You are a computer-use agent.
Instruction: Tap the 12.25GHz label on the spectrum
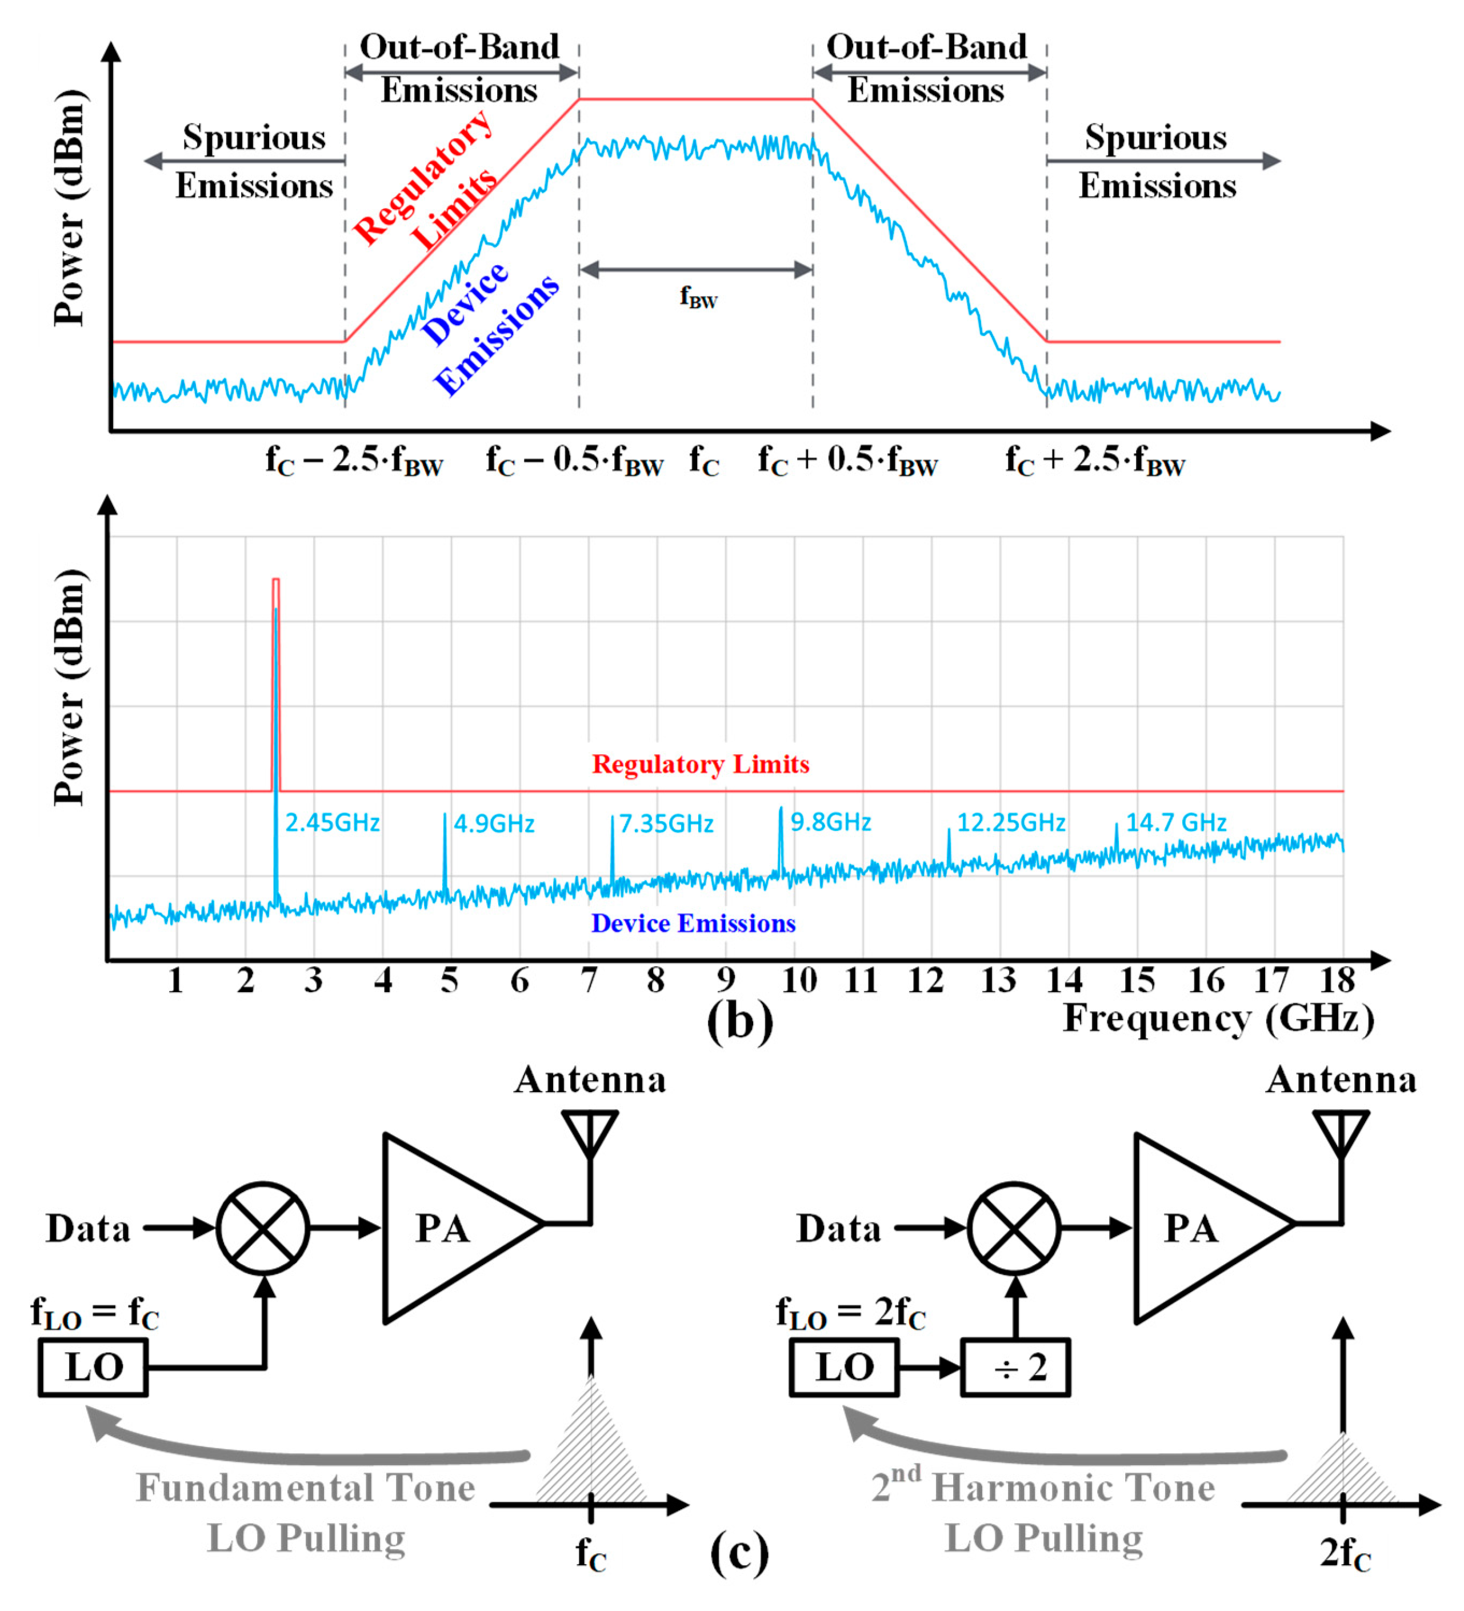(1010, 822)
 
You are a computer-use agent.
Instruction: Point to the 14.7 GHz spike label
(1175, 822)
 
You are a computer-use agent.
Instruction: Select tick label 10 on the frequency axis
(798, 981)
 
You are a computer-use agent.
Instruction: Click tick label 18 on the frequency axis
(1338, 981)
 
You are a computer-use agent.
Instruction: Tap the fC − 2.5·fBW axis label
(354, 462)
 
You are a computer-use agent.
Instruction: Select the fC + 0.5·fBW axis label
(847, 462)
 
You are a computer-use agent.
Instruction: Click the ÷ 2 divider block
(1014, 1368)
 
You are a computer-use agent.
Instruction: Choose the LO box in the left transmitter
(94, 1368)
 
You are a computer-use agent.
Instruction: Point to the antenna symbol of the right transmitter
(1342, 1135)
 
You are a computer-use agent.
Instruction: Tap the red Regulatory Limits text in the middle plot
(700, 765)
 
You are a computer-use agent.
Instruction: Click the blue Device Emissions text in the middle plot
(693, 924)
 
